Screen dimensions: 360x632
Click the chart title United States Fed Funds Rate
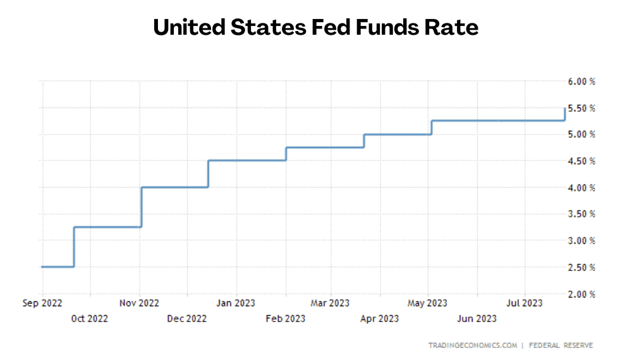(315, 28)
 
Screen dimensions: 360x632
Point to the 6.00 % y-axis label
(581, 81)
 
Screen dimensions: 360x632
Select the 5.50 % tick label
(581, 108)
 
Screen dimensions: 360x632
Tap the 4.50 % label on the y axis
(581, 161)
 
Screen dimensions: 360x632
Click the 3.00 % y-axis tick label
(581, 241)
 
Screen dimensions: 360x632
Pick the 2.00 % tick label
(581, 294)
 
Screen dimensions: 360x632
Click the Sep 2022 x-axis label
(42, 304)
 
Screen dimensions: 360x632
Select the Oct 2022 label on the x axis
(90, 318)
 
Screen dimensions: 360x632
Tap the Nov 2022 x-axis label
(140, 304)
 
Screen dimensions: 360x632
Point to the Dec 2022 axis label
(187, 318)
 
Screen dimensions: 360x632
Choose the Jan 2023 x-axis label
(236, 304)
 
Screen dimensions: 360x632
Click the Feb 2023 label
(285, 318)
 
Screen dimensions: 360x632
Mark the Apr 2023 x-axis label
(379, 318)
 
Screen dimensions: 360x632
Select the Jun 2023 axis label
(477, 318)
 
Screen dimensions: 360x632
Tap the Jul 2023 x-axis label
(525, 304)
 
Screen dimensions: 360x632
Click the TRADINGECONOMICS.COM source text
(472, 345)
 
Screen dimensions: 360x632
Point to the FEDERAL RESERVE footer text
(561, 345)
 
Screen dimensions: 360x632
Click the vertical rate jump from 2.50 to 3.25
(74, 246)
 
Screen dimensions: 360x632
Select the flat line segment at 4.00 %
(174, 187)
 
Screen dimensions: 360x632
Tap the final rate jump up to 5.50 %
(564, 114)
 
